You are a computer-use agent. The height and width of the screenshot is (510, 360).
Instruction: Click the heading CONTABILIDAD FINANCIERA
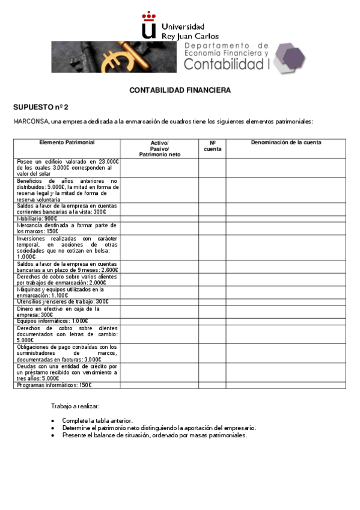pos(180,90)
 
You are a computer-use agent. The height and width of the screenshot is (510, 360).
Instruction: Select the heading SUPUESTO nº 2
pos(41,107)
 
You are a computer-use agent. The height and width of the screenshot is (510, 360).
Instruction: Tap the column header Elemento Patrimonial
pos(67,143)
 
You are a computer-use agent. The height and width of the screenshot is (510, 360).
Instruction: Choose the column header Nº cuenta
pos(212,146)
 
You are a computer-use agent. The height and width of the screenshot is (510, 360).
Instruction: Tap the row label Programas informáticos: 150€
pos(54,385)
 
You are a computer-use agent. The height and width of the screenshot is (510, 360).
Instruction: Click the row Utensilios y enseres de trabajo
pos(63,302)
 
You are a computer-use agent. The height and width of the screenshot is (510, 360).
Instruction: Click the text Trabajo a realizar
pos(75,407)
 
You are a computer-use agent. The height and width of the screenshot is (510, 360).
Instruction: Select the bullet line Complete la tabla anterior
pos(97,420)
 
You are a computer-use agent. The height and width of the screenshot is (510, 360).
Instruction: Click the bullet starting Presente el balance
pos(154,435)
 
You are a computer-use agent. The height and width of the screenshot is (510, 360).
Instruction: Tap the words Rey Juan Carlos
pos(190,36)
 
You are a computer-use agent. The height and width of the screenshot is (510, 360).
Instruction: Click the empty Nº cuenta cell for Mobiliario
pos(212,219)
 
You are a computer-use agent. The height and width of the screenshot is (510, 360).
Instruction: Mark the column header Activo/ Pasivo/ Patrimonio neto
pos(159,149)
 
